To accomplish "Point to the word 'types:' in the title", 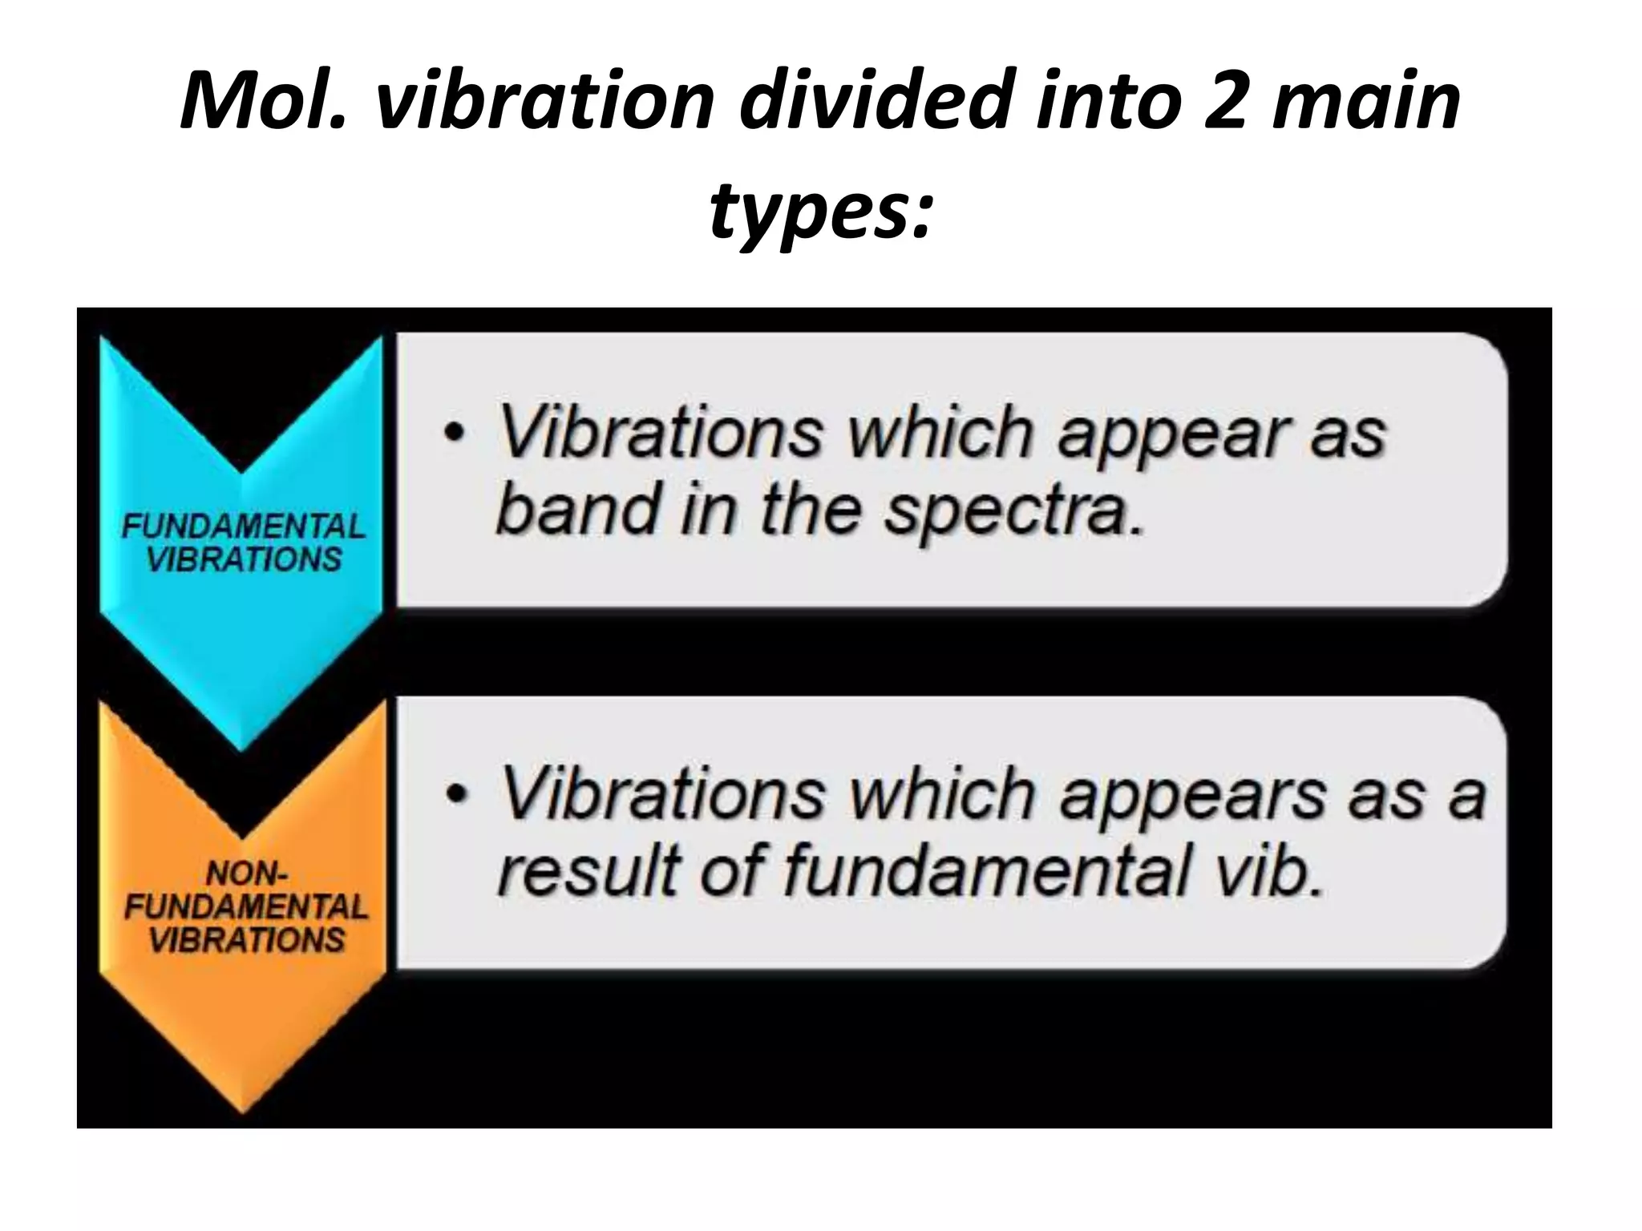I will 821,210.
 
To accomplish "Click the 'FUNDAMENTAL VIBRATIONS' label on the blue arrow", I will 244,543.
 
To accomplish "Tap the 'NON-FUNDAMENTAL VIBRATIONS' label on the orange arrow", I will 246,906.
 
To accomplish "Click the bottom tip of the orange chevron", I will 243,1110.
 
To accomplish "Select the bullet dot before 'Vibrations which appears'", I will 455,795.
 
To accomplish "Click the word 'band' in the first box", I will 576,509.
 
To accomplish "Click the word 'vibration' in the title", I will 544,102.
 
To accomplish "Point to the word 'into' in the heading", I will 1106,102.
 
